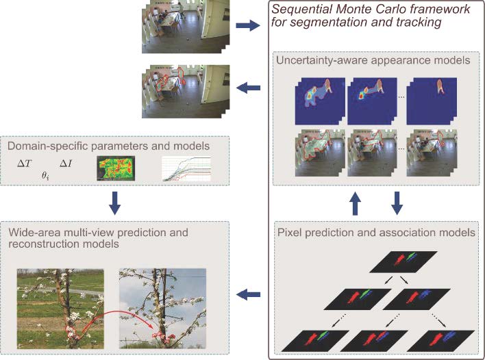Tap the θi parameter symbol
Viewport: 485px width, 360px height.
[46, 175]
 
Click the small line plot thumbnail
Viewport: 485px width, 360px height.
[185, 170]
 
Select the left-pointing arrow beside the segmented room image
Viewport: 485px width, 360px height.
[245, 88]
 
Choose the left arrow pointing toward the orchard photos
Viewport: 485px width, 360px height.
[245, 295]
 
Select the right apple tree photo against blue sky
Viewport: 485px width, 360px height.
[162, 309]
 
